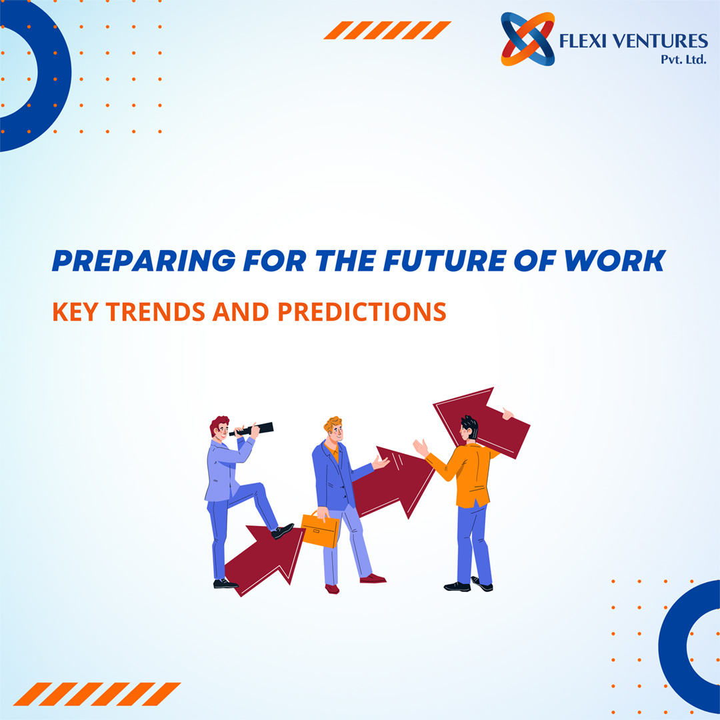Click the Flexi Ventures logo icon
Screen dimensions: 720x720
tap(527, 39)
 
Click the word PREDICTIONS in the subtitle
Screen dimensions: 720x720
tap(361, 312)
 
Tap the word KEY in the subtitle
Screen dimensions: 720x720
tap(75, 312)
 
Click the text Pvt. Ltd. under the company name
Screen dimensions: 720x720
tap(683, 59)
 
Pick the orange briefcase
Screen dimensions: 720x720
tap(320, 529)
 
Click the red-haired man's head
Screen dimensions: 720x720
tap(219, 428)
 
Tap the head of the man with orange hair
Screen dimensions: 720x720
tap(333, 430)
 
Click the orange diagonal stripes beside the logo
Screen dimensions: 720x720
tap(387, 30)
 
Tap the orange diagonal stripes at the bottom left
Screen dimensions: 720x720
tap(97, 694)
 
